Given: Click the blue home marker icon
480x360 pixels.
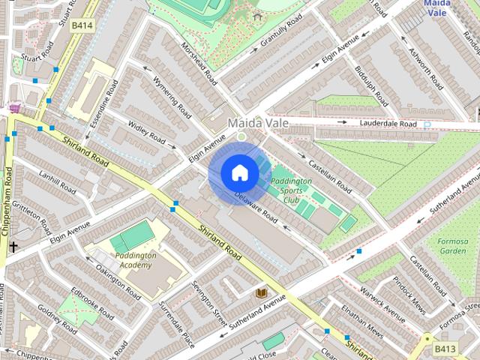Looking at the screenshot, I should [x=238, y=173].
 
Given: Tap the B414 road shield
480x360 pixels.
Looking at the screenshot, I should [x=82, y=25].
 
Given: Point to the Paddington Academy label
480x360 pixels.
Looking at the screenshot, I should [x=136, y=260].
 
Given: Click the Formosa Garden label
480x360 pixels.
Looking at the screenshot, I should [x=453, y=245].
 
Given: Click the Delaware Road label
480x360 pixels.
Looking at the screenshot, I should [x=256, y=209].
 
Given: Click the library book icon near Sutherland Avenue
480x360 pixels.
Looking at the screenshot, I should [x=262, y=293].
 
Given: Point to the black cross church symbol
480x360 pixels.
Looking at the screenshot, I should [x=14, y=246].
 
